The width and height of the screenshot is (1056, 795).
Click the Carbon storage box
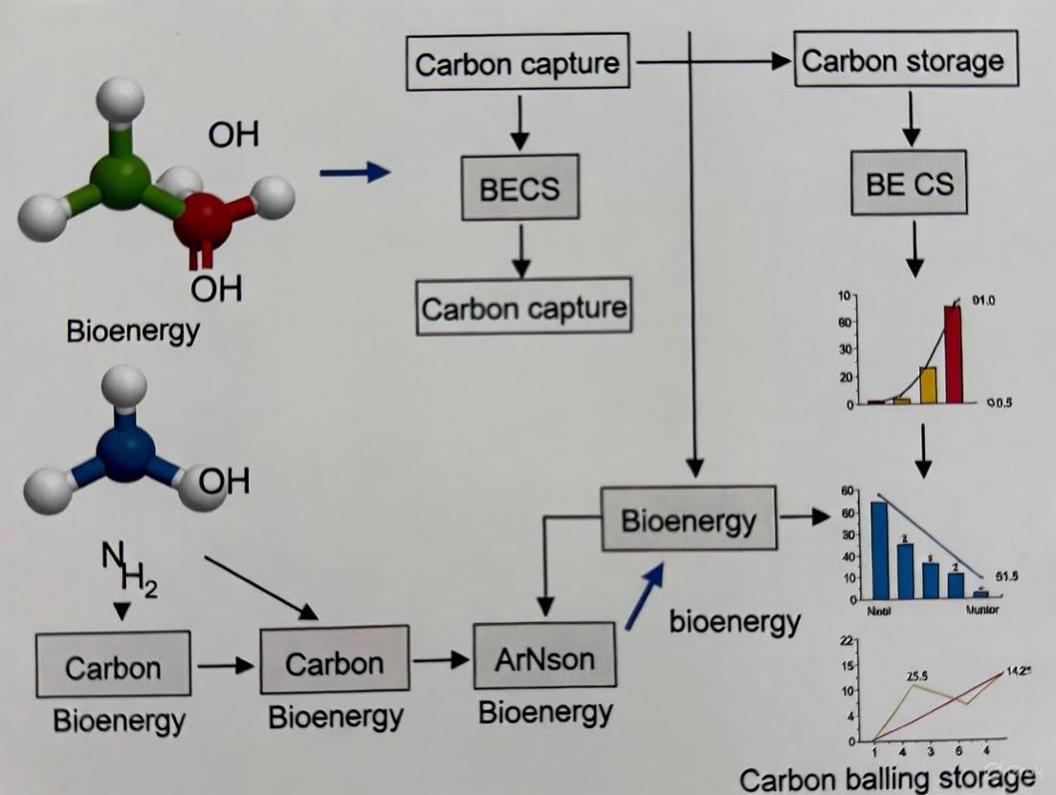coord(903,61)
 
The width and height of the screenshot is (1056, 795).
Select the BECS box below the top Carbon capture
coord(519,187)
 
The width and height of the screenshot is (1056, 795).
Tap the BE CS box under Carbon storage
coord(910,183)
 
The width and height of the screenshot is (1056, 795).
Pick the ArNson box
coord(544,657)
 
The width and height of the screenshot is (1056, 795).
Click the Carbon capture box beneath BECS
coord(524,307)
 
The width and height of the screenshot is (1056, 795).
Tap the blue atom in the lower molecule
coord(125,452)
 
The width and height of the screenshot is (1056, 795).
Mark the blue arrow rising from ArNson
coord(644,595)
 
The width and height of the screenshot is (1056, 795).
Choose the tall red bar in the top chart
coord(954,354)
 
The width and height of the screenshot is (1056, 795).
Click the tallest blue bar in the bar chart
coord(878,549)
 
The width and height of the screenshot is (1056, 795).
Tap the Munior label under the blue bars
coord(981,611)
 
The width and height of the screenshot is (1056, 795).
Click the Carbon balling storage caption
coord(888,779)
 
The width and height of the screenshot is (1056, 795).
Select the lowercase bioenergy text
coord(735,622)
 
